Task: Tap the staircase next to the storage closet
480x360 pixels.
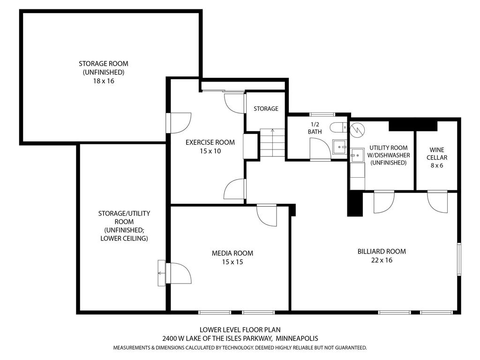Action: click(x=270, y=143)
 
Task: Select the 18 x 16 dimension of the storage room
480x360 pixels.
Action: click(x=103, y=81)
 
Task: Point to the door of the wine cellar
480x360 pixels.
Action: click(x=436, y=201)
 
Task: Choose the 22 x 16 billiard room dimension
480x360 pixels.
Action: click(x=381, y=260)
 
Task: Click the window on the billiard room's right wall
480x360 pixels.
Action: click(x=459, y=258)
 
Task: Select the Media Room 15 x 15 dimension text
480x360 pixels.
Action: click(x=232, y=262)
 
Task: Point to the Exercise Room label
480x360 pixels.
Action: click(x=210, y=142)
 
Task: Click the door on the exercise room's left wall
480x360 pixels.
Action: click(x=180, y=123)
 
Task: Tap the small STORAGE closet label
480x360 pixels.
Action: click(x=266, y=109)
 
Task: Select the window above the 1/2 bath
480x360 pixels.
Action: click(x=322, y=114)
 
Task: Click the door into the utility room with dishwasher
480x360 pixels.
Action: click(x=383, y=201)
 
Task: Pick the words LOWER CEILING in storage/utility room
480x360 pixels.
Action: click(x=124, y=238)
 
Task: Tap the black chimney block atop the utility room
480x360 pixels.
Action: click(x=413, y=125)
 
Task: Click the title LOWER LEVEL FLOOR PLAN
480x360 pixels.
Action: click(x=240, y=330)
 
